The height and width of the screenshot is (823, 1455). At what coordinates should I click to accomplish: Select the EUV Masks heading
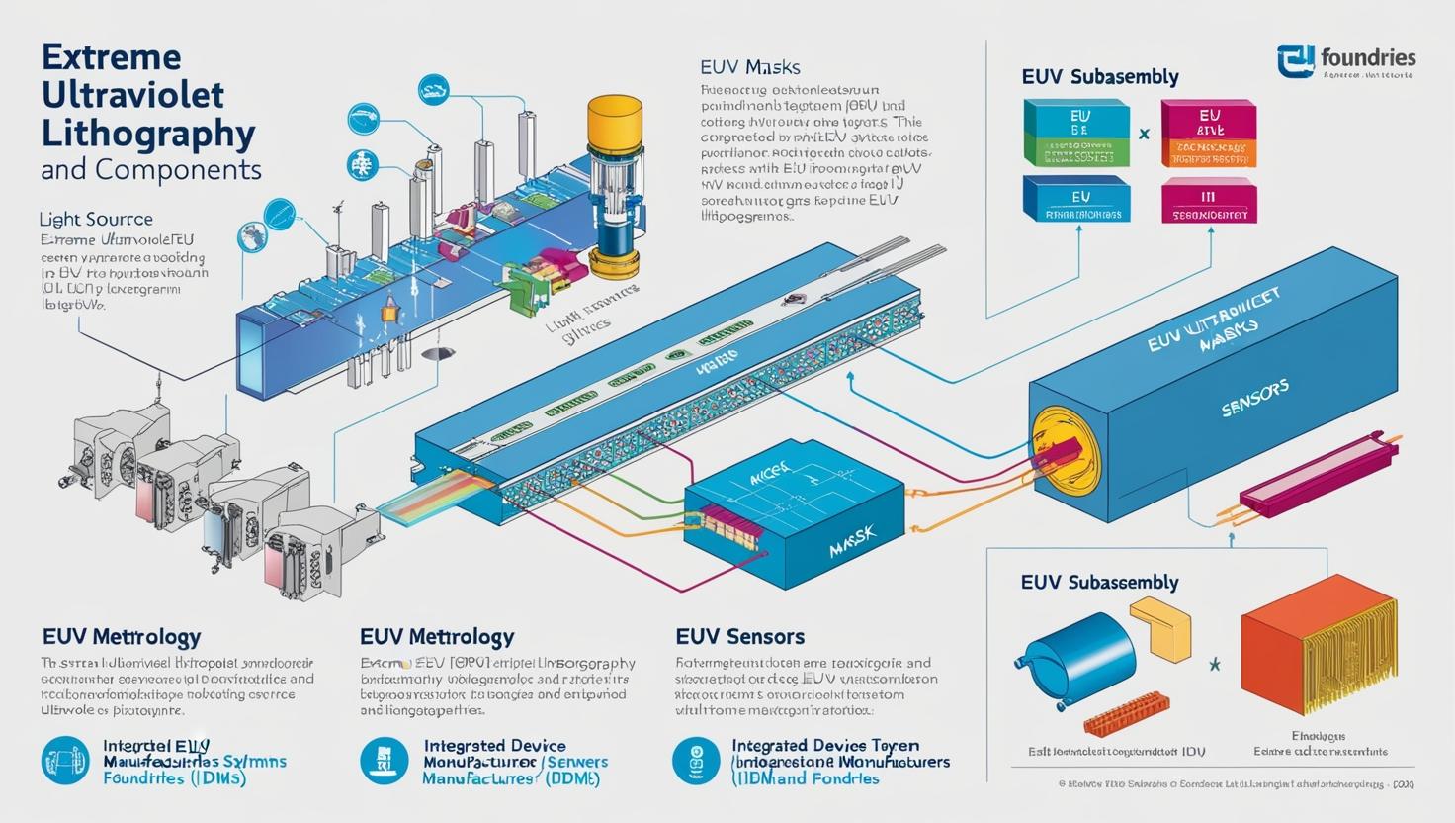click(x=749, y=68)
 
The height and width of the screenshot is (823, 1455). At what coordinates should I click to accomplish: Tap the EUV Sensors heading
click(x=739, y=636)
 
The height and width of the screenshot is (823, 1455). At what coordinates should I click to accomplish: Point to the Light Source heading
click(x=96, y=219)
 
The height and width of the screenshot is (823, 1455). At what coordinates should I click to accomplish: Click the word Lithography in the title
click(x=148, y=132)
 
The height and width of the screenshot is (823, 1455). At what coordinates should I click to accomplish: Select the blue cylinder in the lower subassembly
click(x=1074, y=659)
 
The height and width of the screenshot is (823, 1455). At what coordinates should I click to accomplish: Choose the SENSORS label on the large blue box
click(x=1254, y=398)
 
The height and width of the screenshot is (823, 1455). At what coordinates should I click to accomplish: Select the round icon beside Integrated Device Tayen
click(x=696, y=761)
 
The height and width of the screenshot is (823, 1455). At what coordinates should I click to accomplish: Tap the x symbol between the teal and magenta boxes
click(x=1144, y=133)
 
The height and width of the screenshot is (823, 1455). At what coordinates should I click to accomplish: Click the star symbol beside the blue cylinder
click(x=1215, y=664)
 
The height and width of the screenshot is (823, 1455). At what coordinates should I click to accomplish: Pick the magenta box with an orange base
click(x=1208, y=134)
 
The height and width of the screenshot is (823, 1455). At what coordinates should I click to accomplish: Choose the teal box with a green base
click(x=1076, y=133)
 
